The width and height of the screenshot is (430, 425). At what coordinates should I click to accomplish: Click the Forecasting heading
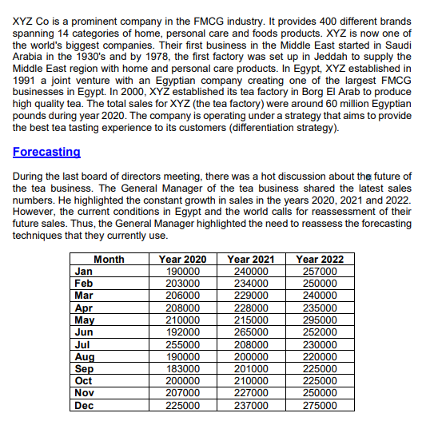click(46, 152)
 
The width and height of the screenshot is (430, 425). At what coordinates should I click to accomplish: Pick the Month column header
click(109, 259)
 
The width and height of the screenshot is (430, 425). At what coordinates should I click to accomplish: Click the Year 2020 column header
click(183, 259)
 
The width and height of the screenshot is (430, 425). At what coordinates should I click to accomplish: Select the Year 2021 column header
click(251, 259)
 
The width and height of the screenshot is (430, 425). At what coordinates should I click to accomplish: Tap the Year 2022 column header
click(320, 259)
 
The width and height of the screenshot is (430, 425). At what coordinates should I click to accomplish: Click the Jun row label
click(83, 332)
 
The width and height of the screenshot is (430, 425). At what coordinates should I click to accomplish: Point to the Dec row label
click(84, 405)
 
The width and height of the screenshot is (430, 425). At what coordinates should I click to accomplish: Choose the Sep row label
click(84, 368)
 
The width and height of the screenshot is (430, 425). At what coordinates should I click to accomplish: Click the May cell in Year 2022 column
click(320, 320)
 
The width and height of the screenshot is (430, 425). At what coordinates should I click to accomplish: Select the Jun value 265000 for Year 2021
click(251, 332)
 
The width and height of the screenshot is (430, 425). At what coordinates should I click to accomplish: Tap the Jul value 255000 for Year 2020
click(183, 344)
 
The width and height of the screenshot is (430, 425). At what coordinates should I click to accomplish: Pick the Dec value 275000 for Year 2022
click(320, 405)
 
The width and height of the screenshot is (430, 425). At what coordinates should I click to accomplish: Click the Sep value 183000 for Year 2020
click(183, 368)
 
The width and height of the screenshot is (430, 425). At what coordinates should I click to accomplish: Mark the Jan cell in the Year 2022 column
click(320, 271)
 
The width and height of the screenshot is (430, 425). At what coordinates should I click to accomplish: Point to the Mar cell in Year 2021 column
click(251, 295)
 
